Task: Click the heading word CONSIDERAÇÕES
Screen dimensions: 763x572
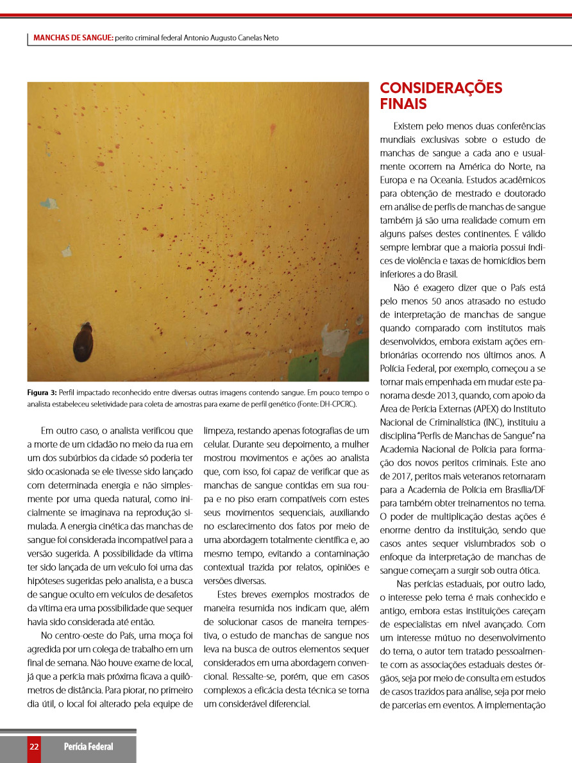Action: click(441, 88)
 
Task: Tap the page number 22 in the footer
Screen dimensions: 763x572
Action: click(34, 746)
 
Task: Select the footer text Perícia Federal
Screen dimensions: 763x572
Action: click(88, 746)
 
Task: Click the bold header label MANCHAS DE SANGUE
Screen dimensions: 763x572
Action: click(72, 38)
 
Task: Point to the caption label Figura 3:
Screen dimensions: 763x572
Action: click(42, 392)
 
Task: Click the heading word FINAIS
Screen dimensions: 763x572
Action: click(403, 104)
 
